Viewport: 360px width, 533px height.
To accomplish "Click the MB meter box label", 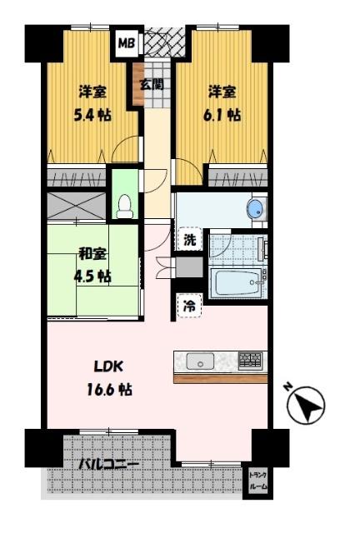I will point(126,42).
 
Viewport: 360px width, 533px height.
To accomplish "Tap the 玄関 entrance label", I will point(151,84).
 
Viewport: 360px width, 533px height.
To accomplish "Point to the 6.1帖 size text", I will point(224,115).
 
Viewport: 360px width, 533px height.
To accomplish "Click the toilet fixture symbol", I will point(125,204).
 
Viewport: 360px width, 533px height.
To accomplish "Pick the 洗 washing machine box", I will point(190,240).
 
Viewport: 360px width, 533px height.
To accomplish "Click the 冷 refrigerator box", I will point(190,306).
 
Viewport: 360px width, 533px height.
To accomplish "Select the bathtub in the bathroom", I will point(237,283).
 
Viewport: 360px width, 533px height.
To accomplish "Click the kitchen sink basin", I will point(200,361).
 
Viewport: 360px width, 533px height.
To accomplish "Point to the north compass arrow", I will point(305,406).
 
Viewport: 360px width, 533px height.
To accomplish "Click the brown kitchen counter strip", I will point(220,378).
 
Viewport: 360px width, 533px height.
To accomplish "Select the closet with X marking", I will point(76,203).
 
